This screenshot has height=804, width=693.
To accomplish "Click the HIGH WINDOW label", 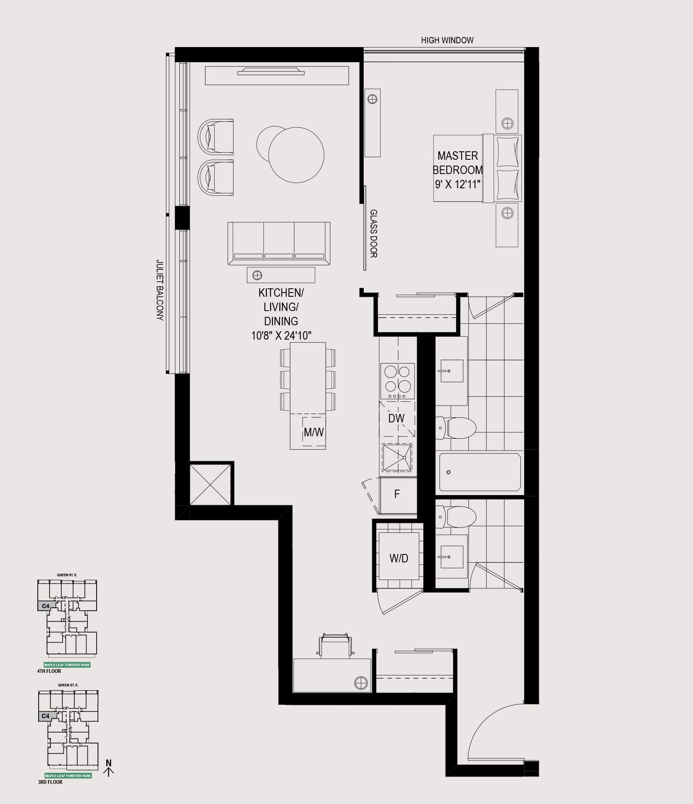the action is pyautogui.click(x=447, y=40).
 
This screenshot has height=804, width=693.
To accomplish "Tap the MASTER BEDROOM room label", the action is pyautogui.click(x=458, y=163).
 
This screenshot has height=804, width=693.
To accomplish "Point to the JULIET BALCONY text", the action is pyautogui.click(x=160, y=290).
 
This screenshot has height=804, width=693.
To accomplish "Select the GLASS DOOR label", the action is pyautogui.click(x=373, y=234).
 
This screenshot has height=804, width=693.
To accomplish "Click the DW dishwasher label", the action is pyautogui.click(x=396, y=418).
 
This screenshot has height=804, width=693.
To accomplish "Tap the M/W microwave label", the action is pyautogui.click(x=314, y=432).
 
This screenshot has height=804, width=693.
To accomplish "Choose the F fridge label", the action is pyautogui.click(x=397, y=494).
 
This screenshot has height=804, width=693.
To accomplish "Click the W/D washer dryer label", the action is pyautogui.click(x=399, y=558).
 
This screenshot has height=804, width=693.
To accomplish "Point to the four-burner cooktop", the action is pyautogui.click(x=397, y=381).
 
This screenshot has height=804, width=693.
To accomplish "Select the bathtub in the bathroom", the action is pyautogui.click(x=480, y=472).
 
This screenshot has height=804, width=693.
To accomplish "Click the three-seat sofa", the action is pyautogui.click(x=279, y=244).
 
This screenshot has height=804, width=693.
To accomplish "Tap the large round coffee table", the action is pyautogui.click(x=296, y=155).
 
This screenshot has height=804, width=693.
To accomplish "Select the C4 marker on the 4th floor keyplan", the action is pyautogui.click(x=46, y=606).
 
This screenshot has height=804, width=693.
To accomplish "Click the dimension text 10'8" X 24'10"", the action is pyautogui.click(x=281, y=335).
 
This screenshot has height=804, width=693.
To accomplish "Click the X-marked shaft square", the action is pyautogui.click(x=210, y=485).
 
